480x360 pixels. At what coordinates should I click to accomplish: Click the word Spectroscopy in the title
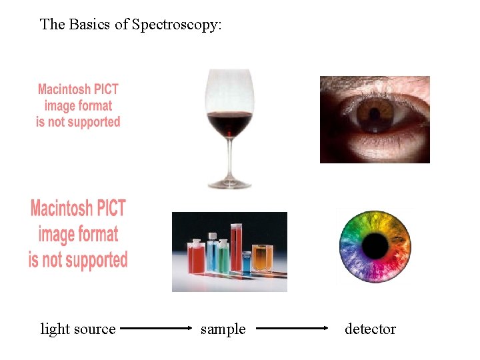[177, 25]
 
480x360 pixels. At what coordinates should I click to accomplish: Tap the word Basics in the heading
[91, 25]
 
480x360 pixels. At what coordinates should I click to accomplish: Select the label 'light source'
[78, 329]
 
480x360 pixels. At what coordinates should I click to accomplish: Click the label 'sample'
[223, 329]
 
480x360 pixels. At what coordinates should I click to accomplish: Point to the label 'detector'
[370, 329]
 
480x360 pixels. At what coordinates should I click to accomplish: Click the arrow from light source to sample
[158, 329]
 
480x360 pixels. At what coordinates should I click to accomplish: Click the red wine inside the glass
[229, 124]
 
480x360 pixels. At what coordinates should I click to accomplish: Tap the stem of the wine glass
[229, 157]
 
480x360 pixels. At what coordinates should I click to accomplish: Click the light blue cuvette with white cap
[212, 254]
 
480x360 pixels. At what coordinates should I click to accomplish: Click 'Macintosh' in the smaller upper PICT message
[59, 89]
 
